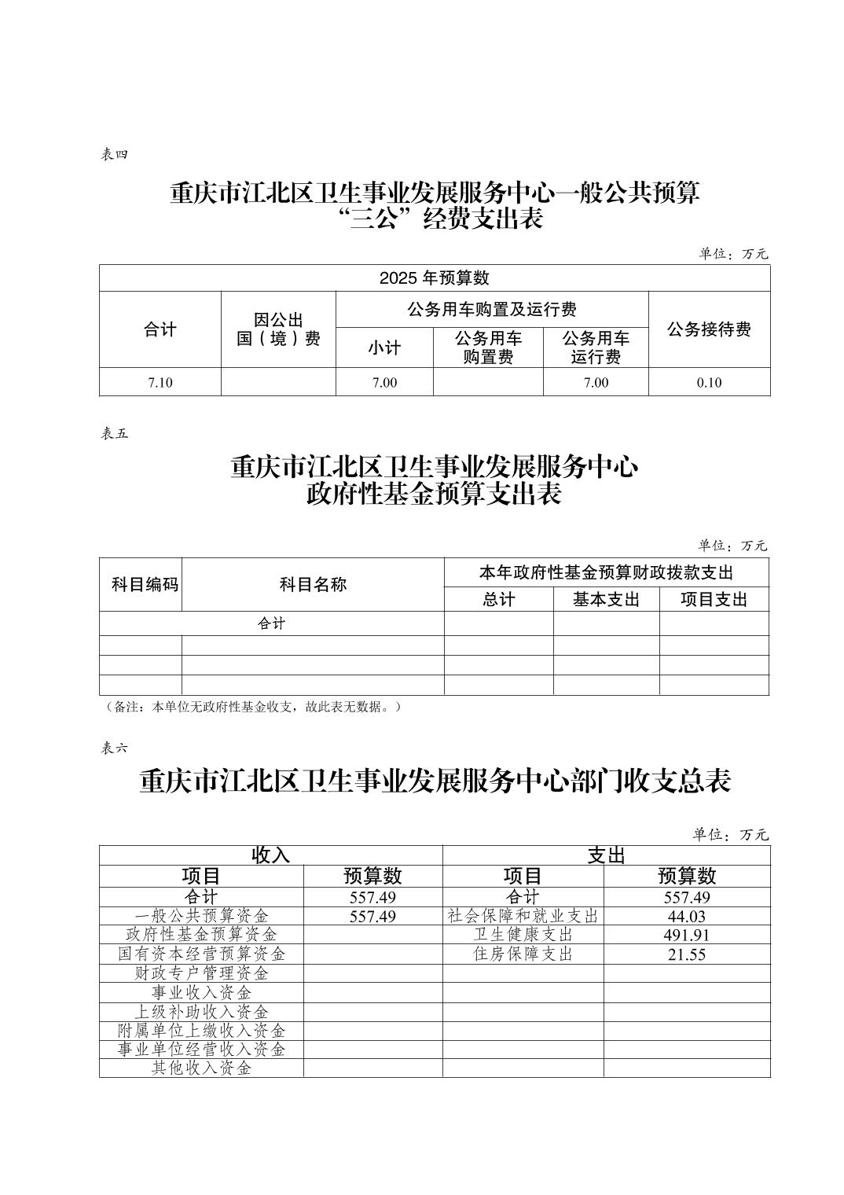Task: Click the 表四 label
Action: [113, 155]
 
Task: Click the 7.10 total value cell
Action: [160, 383]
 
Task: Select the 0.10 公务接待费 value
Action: [709, 383]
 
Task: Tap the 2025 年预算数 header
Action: [434, 278]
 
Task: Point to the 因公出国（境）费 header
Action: [278, 329]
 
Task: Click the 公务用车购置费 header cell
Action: [488, 347]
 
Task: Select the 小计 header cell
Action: [384, 348]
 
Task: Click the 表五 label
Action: [113, 433]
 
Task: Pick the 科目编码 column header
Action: [145, 584]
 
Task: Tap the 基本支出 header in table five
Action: [606, 600]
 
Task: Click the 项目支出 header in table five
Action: [714, 600]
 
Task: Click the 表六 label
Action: [113, 748]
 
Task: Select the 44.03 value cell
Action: [687, 917]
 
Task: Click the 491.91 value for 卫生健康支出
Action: [687, 936]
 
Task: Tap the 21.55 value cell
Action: [687, 955]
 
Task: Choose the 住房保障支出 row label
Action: [523, 954]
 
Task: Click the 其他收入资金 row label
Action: [201, 1068]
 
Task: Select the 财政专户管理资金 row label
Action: [201, 973]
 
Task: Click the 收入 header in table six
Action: [270, 855]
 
